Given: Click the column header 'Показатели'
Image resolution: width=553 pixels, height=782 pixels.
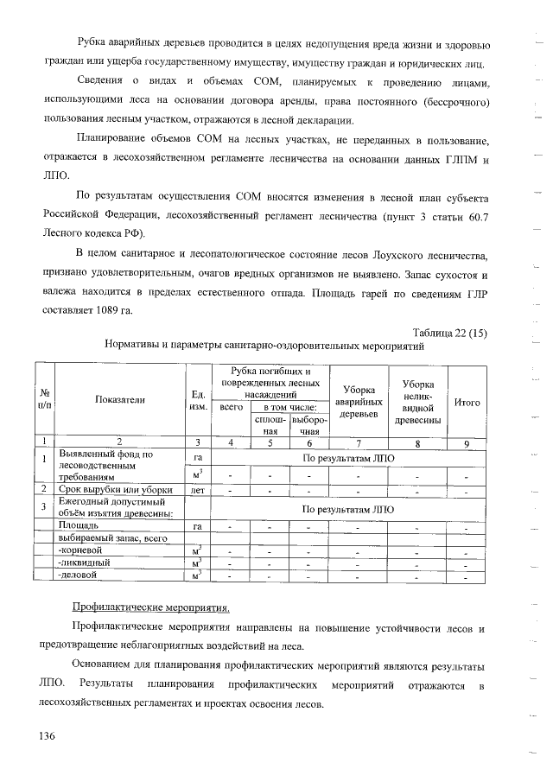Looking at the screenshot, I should tap(120, 399).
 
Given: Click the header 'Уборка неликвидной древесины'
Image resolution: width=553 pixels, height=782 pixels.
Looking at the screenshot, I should tap(417, 402).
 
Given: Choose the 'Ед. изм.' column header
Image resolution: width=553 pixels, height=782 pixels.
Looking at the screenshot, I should tap(198, 400).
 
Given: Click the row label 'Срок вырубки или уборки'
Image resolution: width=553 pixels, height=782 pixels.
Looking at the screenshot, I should tap(109, 490).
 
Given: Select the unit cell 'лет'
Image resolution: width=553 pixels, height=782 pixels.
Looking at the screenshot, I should tap(198, 490).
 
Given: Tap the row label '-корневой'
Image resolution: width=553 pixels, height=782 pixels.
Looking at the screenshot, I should tap(81, 549).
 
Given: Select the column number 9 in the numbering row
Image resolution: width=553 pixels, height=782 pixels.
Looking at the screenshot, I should tap(466, 443).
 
